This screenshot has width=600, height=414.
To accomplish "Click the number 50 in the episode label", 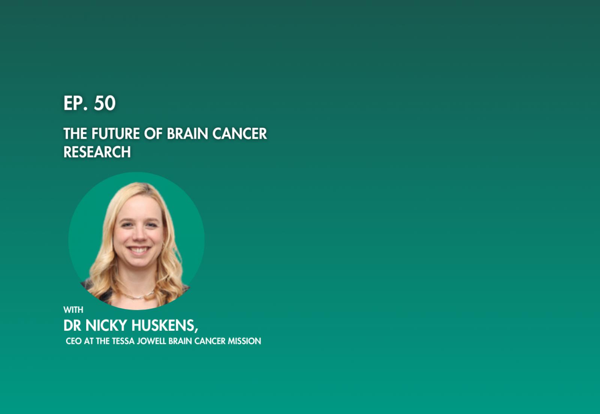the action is pyautogui.click(x=105, y=103).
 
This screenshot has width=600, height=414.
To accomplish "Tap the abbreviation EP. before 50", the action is pyautogui.click(x=75, y=103).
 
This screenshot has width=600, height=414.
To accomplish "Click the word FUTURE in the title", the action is pyautogui.click(x=115, y=133).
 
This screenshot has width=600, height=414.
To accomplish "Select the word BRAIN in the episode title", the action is pyautogui.click(x=187, y=133).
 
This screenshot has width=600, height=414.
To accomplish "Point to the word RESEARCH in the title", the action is pyautogui.click(x=97, y=152).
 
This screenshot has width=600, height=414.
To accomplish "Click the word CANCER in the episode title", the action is pyautogui.click(x=240, y=133).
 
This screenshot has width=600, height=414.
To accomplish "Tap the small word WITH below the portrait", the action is pyautogui.click(x=73, y=310).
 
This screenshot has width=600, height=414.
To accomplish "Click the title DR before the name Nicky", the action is pyautogui.click(x=72, y=325).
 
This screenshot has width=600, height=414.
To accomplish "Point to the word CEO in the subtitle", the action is pyautogui.click(x=73, y=341).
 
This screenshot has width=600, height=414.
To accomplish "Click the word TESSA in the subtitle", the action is pyautogui.click(x=123, y=341).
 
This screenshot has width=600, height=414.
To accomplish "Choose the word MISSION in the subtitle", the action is pyautogui.click(x=244, y=341).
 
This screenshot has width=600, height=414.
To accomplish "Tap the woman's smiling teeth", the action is pyautogui.click(x=138, y=250).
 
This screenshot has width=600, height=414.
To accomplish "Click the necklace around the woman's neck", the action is pyautogui.click(x=138, y=295).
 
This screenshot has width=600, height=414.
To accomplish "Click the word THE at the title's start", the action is pyautogui.click(x=75, y=133).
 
